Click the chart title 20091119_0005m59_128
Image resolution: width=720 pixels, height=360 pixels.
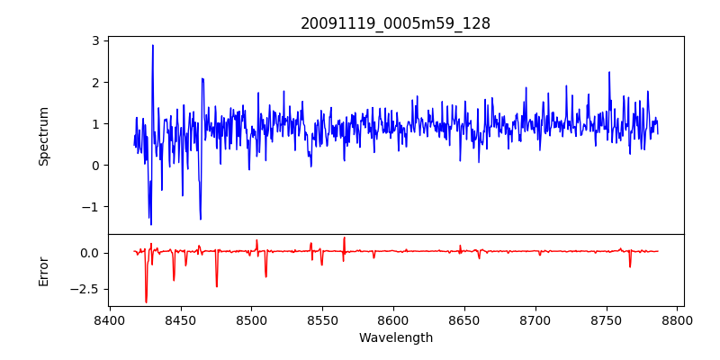point(395,23)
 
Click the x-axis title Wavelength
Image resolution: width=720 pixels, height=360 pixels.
point(395,338)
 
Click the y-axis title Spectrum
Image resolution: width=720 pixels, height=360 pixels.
point(43,135)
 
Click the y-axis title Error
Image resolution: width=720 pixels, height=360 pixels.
point(43,270)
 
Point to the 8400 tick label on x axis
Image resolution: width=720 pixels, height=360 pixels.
point(110,319)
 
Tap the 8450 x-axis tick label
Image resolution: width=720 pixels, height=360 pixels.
point(181,319)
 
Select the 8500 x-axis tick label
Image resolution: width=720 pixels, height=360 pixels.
point(252,319)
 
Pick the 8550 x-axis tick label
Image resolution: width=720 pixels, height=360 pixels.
point(323,319)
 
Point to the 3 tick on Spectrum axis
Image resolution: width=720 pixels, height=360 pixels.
point(94,40)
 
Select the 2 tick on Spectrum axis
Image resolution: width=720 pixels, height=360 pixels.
point(94,82)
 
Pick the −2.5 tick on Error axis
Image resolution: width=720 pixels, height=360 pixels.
point(85,289)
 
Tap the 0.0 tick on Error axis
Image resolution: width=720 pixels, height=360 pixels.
point(89,253)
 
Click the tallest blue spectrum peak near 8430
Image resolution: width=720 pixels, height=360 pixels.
point(153,45)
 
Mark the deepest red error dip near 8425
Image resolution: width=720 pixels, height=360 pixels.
point(146,302)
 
